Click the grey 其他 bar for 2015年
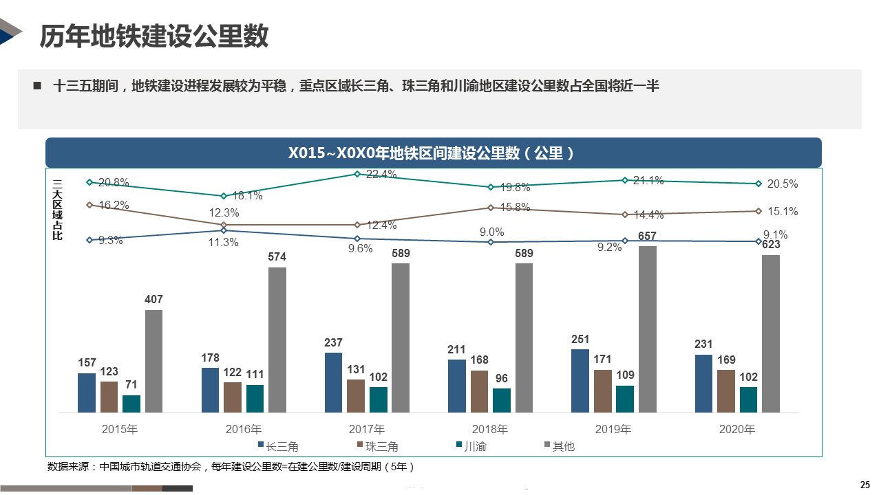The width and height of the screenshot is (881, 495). (153, 361)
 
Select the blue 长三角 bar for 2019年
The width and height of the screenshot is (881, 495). (580, 381)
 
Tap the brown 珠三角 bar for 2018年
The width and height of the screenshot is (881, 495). (479, 391)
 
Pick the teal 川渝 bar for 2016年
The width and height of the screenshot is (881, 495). (255, 398)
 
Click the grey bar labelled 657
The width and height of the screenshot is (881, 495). (647, 329)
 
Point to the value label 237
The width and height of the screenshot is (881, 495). (333, 343)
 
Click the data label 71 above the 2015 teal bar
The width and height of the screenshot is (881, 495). (131, 385)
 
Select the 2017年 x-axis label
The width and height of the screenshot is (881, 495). (367, 430)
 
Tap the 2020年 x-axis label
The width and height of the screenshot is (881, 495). (736, 430)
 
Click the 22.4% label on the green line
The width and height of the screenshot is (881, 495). (381, 175)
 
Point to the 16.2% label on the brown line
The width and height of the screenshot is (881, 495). (114, 205)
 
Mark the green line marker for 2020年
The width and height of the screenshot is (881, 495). (758, 184)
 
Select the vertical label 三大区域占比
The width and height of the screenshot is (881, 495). (58, 209)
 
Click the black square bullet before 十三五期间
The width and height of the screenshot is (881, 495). (37, 86)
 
